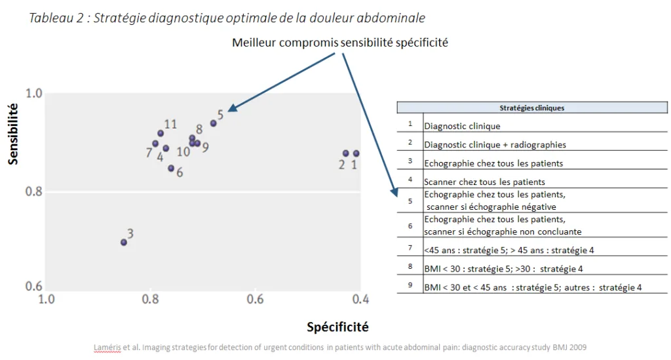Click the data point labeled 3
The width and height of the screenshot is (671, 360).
click(124, 242)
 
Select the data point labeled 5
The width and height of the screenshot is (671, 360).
click(213, 123)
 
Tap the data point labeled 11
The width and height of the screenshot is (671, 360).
click(161, 133)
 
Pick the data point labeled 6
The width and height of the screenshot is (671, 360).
click(171, 169)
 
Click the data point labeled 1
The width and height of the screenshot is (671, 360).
click(356, 153)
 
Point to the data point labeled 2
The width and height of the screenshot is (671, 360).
click(346, 153)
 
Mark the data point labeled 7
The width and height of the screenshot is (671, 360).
click(155, 144)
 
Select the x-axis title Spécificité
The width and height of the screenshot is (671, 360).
click(337, 326)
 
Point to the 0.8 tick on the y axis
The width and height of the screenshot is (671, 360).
click(34, 192)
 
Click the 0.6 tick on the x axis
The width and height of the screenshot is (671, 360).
click(255, 299)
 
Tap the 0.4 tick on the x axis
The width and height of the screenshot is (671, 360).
click(360, 299)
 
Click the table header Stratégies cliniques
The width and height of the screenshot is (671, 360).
click(532, 108)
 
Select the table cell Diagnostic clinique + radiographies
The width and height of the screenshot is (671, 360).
click(495, 144)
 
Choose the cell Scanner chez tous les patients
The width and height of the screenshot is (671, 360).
click(484, 182)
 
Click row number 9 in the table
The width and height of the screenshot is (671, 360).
click(410, 286)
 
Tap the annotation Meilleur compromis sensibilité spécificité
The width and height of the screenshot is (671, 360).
click(339, 43)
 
